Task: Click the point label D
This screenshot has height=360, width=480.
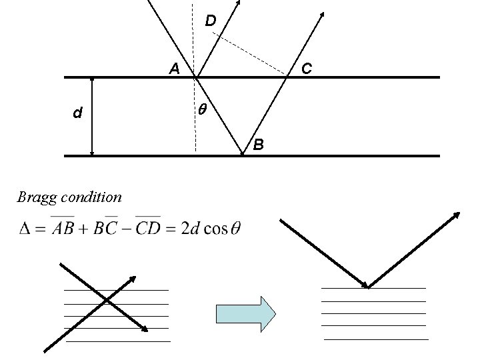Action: point(210,21)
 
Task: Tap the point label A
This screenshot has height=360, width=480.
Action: point(173,68)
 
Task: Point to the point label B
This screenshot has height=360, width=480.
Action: point(259,144)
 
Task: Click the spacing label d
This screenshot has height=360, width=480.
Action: point(78,113)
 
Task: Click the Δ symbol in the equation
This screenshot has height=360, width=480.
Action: point(26,229)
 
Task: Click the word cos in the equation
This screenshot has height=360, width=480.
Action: point(217,229)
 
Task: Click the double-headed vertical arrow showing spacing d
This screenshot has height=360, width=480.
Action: point(92,117)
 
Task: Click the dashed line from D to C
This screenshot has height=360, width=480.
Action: point(253,56)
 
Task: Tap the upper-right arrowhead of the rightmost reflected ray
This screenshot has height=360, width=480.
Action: point(457,215)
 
